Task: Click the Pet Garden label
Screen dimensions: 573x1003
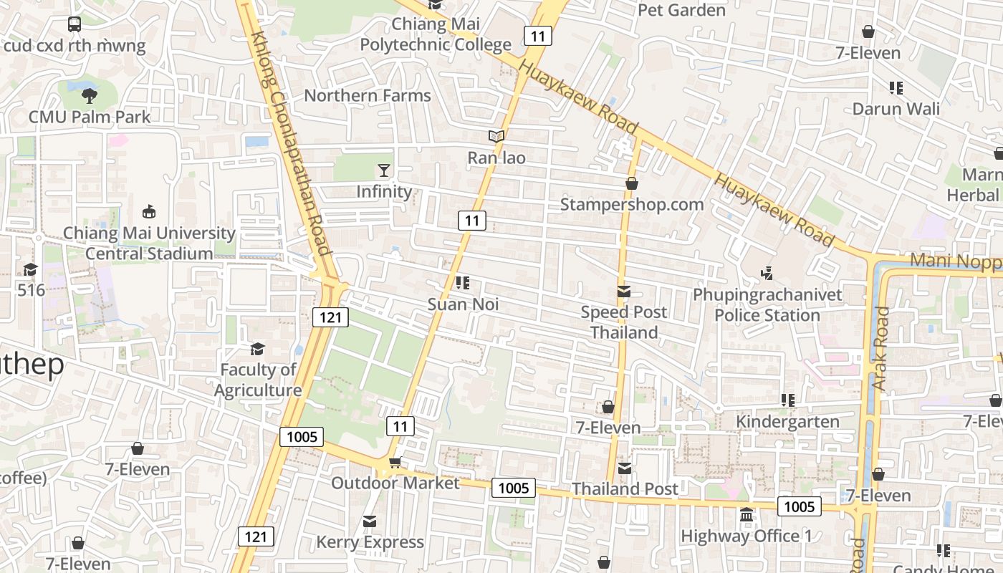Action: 681,10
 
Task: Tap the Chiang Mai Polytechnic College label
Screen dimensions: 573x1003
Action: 436,35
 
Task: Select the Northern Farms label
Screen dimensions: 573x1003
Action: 368,95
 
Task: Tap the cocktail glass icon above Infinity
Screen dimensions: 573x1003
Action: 384,170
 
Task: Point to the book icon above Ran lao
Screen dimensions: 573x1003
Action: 496,136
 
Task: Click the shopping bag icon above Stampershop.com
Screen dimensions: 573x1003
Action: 631,183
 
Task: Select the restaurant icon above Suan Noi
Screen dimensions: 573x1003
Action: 463,283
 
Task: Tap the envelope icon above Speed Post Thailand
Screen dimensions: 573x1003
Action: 623,292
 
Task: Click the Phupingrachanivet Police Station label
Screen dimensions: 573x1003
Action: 767,305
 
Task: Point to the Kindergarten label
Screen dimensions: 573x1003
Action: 787,421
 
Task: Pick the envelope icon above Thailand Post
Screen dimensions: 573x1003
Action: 625,468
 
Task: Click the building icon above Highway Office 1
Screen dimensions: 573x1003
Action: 746,515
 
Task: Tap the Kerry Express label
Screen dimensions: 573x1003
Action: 370,542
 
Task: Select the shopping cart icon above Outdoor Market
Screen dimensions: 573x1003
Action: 394,463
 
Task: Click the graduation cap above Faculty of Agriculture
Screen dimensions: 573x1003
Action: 257,349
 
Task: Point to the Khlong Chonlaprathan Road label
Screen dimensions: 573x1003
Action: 292,143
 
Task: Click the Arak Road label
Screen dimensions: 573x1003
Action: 880,348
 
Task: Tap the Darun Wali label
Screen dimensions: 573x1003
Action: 896,109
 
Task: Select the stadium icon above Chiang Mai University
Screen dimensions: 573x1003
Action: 149,212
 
